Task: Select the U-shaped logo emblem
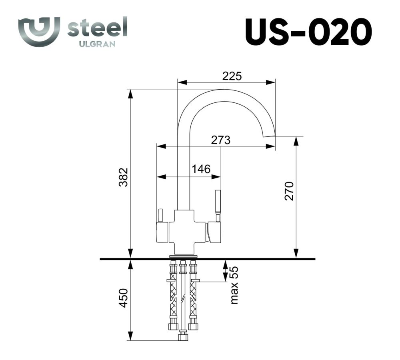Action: click(39, 31)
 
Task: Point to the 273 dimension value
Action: click(221, 140)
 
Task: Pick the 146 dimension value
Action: click(201, 169)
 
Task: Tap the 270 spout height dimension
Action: click(289, 191)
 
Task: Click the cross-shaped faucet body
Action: click(184, 232)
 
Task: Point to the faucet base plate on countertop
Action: click(184, 256)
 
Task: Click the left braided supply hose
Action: click(173, 296)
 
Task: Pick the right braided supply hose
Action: click(194, 296)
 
